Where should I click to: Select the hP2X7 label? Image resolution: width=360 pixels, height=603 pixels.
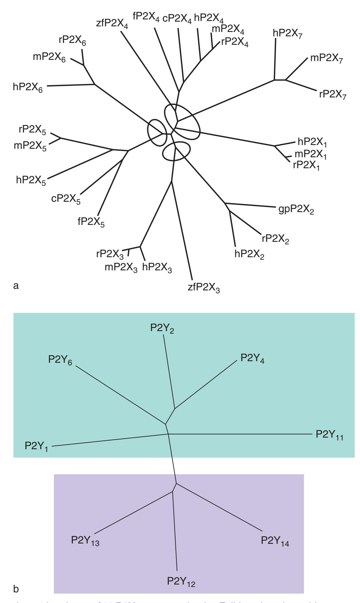click(287, 33)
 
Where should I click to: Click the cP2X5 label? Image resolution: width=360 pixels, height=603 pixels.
click(66, 200)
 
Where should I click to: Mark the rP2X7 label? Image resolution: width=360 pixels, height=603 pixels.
click(333, 94)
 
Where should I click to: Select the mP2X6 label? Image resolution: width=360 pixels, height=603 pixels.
click(49, 58)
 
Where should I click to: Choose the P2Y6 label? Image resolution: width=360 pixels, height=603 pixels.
click(60, 360)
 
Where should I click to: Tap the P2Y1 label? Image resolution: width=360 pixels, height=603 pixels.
click(37, 446)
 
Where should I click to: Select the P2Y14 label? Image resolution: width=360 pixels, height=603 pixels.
click(275, 541)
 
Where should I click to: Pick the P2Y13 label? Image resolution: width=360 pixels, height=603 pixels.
click(85, 541)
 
